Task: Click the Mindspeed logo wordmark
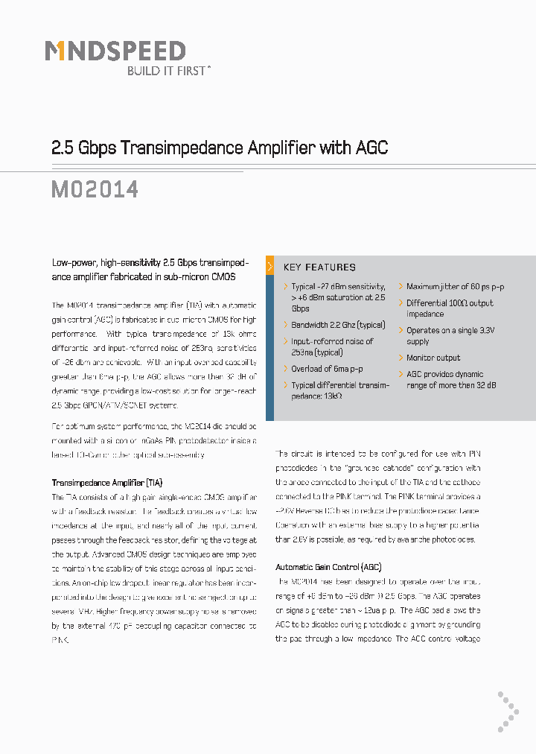[115, 51]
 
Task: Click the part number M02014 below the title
[95, 189]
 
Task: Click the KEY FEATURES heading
[319, 267]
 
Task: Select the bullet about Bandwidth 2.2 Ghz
[338, 325]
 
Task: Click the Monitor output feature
[433, 358]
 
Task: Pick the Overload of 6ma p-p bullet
[327, 369]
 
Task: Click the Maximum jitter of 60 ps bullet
[455, 287]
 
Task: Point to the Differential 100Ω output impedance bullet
[449, 308]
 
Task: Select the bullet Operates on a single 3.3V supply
[450, 335]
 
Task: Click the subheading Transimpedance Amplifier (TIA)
[106, 482]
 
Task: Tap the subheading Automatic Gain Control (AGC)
[329, 567]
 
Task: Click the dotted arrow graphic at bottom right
[508, 712]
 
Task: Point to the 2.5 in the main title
[62, 148]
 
